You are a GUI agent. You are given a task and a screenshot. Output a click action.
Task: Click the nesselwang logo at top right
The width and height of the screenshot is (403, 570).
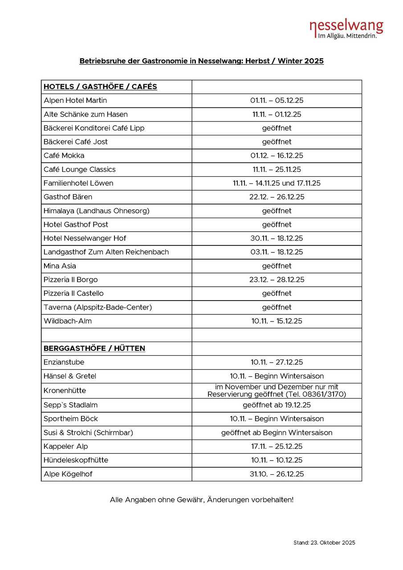tap(346, 29)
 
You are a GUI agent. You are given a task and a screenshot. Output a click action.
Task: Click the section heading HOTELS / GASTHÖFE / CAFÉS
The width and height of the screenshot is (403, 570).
tap(100, 87)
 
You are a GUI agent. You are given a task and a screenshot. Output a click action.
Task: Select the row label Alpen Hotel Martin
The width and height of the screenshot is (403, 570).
tap(75, 101)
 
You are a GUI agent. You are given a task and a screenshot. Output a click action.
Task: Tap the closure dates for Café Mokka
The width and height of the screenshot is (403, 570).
tap(277, 155)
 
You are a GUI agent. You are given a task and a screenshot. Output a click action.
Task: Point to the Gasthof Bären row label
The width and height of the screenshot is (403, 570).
tap(68, 197)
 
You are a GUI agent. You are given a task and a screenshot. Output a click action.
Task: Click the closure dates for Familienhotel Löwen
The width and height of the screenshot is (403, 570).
tap(277, 183)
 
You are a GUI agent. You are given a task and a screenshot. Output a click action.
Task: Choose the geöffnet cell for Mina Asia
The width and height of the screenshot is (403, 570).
tap(277, 266)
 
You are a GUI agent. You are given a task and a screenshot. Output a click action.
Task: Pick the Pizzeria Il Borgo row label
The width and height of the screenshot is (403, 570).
tap(71, 280)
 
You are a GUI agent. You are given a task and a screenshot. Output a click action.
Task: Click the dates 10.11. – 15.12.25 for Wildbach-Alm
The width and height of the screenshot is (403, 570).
tap(277, 321)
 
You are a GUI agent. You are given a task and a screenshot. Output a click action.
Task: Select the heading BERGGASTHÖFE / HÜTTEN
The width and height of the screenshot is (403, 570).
tap(94, 348)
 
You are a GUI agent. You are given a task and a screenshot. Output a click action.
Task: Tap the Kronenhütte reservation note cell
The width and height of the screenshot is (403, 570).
tap(277, 391)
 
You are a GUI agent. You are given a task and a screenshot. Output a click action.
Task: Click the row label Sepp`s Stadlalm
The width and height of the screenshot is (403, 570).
tap(70, 405)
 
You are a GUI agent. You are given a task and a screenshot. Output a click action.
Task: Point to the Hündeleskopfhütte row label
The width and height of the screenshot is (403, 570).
tap(76, 460)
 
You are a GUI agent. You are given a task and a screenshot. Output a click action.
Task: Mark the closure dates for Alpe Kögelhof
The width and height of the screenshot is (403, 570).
tap(277, 474)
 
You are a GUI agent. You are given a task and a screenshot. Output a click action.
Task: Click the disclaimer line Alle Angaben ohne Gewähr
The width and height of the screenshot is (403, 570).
tap(202, 500)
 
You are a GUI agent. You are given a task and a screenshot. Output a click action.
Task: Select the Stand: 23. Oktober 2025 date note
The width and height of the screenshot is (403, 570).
tap(324, 542)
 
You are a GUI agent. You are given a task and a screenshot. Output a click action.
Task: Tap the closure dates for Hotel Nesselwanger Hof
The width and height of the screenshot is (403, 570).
tap(277, 238)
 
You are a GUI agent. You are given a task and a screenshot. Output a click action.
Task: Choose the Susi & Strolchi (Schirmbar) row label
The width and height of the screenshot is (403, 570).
tap(88, 432)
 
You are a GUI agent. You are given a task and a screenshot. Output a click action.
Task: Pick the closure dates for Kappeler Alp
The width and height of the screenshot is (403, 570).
tap(277, 446)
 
